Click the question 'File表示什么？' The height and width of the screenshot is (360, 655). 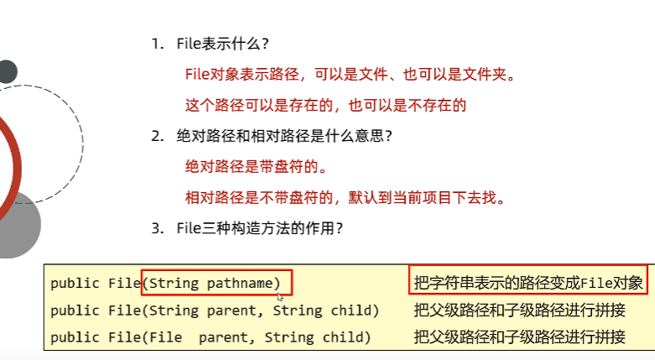223,44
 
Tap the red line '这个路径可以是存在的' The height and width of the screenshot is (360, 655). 325,106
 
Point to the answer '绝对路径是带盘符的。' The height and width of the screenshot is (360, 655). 254,166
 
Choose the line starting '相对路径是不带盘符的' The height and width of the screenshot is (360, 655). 346,198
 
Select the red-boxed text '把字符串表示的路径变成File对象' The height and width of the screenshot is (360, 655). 528,283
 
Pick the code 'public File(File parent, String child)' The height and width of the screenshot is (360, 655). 210,337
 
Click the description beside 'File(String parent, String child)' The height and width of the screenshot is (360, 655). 520,310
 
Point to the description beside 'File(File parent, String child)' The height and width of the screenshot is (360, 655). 520,337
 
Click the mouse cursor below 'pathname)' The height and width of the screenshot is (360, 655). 280,296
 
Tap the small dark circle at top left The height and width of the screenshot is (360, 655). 6,71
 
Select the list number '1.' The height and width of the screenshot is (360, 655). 157,44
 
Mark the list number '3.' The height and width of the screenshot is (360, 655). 157,228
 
